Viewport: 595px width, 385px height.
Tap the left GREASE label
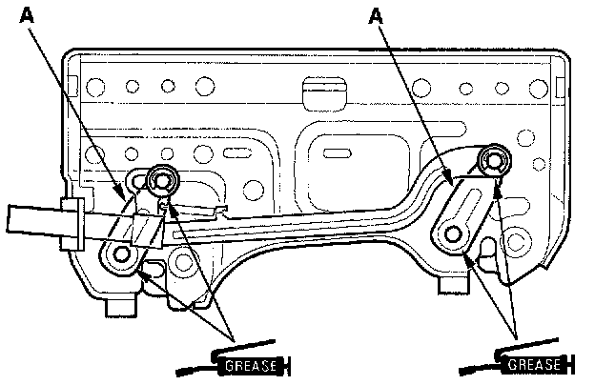click(x=250, y=365)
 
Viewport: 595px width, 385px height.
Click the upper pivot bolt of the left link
click(x=163, y=178)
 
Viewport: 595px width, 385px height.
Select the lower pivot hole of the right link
click(x=452, y=233)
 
